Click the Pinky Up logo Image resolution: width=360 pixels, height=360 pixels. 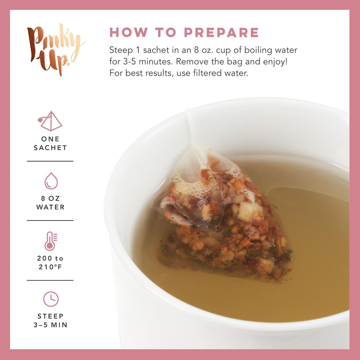click(x=55, y=50)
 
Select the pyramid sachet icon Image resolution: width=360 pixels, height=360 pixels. click(x=50, y=121)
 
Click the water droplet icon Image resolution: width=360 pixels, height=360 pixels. click(x=51, y=181)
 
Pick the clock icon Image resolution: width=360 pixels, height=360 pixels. click(x=51, y=299)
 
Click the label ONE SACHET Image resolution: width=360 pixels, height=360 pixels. click(x=50, y=144)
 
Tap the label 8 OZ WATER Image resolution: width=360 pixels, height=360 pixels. click(x=50, y=203)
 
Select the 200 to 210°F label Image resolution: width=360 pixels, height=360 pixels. click(x=50, y=262)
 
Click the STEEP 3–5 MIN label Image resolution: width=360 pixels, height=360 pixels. click(x=50, y=321)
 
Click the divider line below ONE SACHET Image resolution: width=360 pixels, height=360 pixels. click(x=50, y=161)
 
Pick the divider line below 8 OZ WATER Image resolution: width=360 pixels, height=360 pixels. click(x=50, y=220)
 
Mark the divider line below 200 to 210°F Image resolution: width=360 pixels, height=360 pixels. click(x=50, y=280)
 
